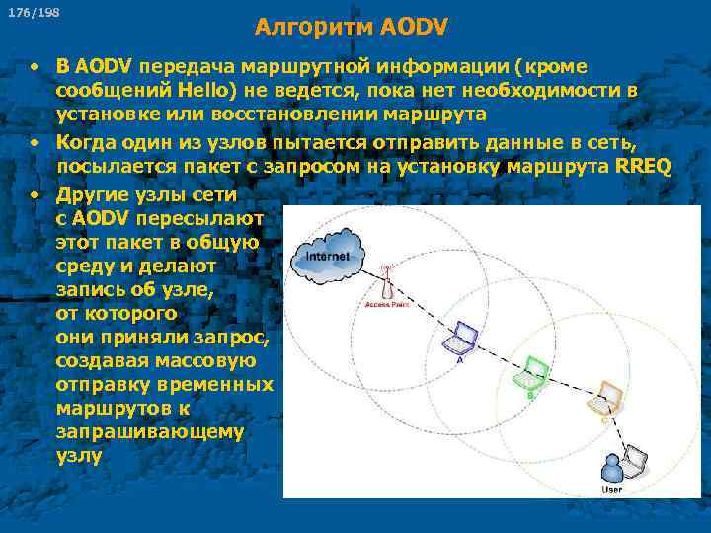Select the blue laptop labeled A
459,340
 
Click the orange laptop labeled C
603,399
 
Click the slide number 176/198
35,13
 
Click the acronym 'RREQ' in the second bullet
642,165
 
